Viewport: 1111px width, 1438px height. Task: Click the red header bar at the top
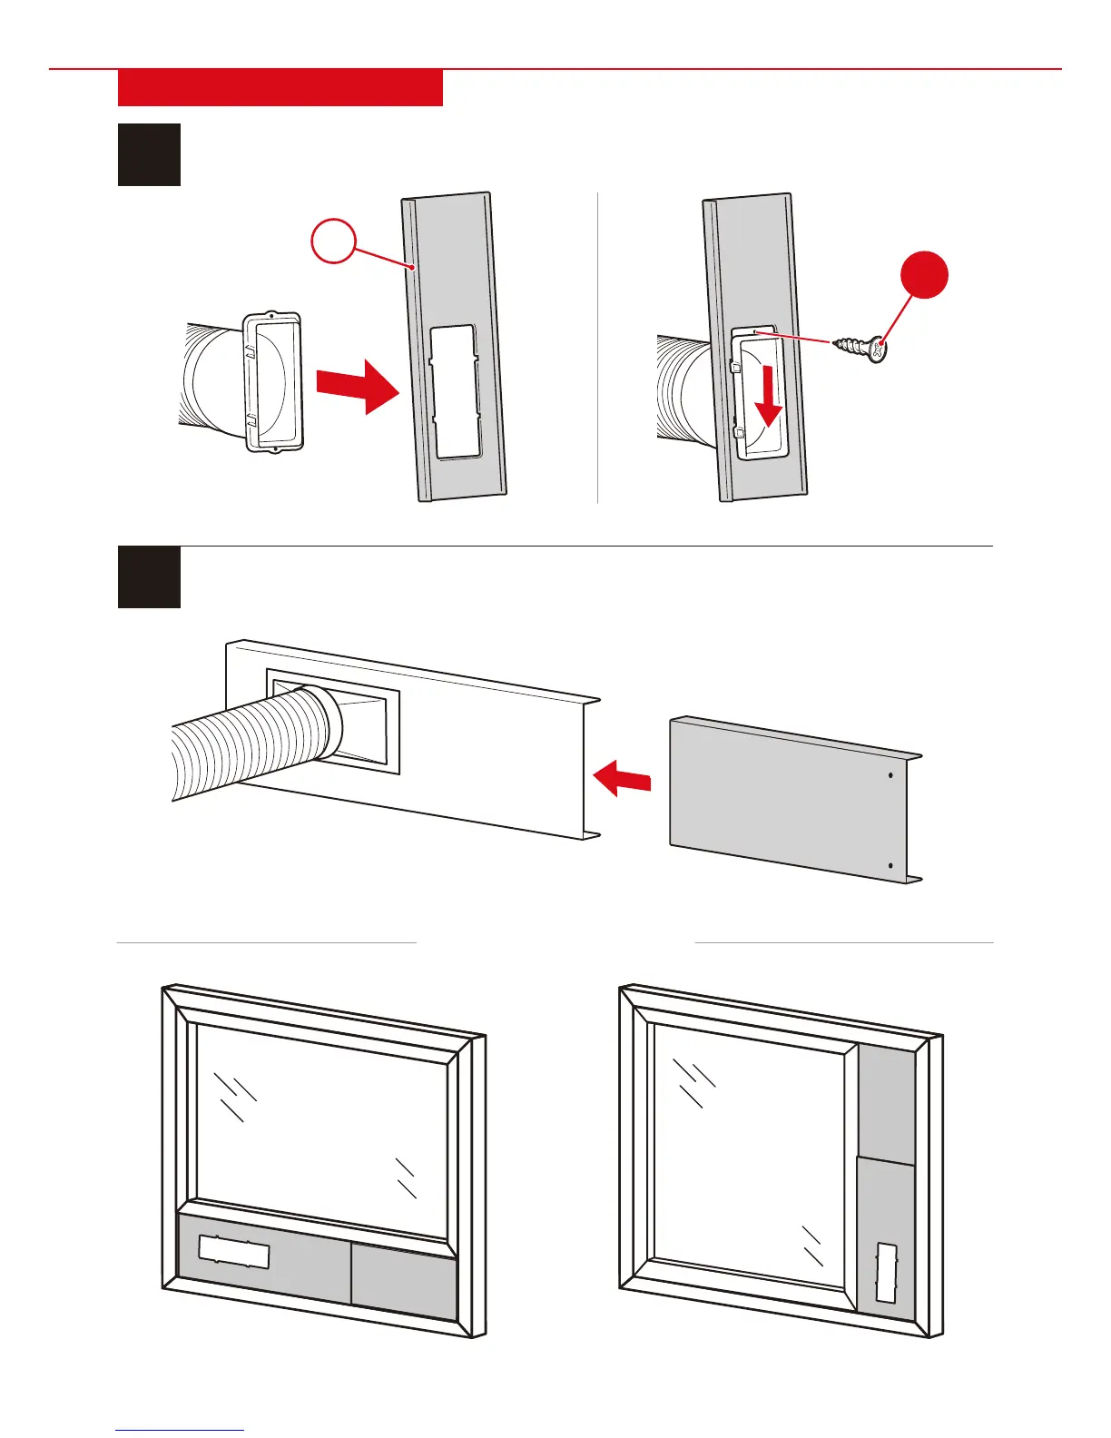click(x=280, y=88)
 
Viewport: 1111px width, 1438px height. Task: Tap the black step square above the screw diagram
click(x=149, y=154)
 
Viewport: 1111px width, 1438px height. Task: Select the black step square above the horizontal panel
click(x=149, y=577)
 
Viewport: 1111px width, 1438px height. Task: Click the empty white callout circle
click(x=333, y=241)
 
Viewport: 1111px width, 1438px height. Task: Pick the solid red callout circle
click(x=924, y=276)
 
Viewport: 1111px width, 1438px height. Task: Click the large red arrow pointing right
click(x=358, y=384)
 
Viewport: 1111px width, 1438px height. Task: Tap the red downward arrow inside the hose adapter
click(x=770, y=393)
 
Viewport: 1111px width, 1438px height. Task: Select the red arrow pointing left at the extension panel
click(x=622, y=778)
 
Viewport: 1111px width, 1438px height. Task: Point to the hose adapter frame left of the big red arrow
click(x=270, y=381)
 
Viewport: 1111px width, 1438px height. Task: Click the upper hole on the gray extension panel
click(x=890, y=775)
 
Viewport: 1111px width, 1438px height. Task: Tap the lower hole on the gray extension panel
click(x=890, y=866)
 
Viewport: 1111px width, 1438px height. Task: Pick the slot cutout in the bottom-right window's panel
click(x=886, y=1273)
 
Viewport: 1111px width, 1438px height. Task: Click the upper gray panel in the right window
click(x=886, y=1103)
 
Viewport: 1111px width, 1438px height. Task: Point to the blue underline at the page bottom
click(x=180, y=1431)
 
